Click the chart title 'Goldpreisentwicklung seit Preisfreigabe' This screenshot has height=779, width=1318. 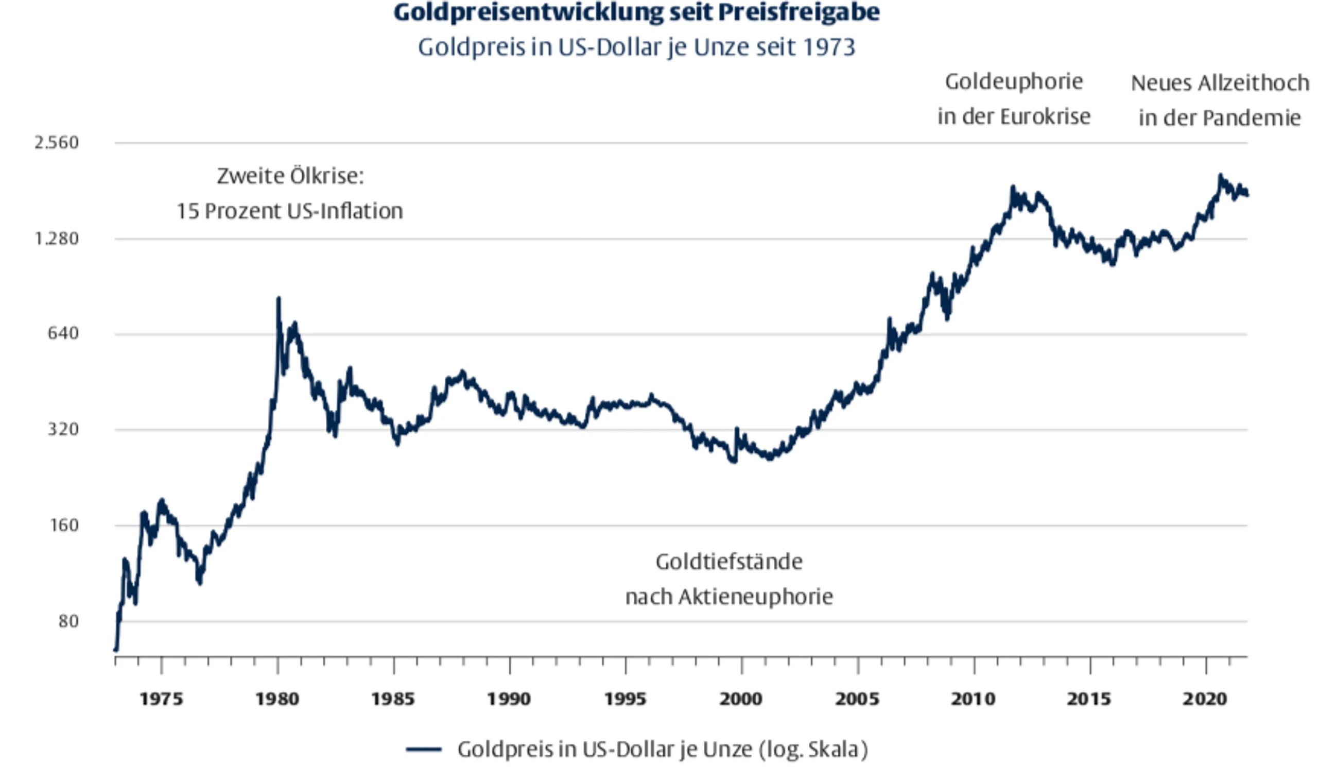(x=636, y=13)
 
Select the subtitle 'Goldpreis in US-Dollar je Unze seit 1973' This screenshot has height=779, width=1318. (x=636, y=47)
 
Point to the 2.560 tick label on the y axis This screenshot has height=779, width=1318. (x=57, y=142)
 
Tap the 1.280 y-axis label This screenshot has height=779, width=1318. (x=57, y=239)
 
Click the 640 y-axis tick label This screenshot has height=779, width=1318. (x=63, y=333)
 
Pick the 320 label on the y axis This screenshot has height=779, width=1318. (x=63, y=429)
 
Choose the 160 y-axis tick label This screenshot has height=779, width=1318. (x=63, y=525)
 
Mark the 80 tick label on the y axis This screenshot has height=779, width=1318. (x=68, y=621)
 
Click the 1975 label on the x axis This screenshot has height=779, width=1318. (x=161, y=699)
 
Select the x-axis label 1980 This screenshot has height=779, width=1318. (x=278, y=699)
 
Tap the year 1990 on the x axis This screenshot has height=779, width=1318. (x=509, y=699)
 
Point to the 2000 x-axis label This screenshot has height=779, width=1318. (x=741, y=699)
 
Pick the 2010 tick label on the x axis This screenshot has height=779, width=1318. (x=974, y=699)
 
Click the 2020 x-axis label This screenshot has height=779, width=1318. (x=1205, y=699)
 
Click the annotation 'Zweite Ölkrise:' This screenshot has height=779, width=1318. (x=290, y=176)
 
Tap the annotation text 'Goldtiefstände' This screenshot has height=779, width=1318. (x=729, y=562)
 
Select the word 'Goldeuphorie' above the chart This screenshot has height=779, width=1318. (x=1014, y=82)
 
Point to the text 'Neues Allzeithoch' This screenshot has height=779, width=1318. (x=1220, y=83)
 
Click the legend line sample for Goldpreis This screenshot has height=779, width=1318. (x=424, y=750)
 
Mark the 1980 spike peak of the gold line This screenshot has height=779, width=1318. (x=279, y=299)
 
